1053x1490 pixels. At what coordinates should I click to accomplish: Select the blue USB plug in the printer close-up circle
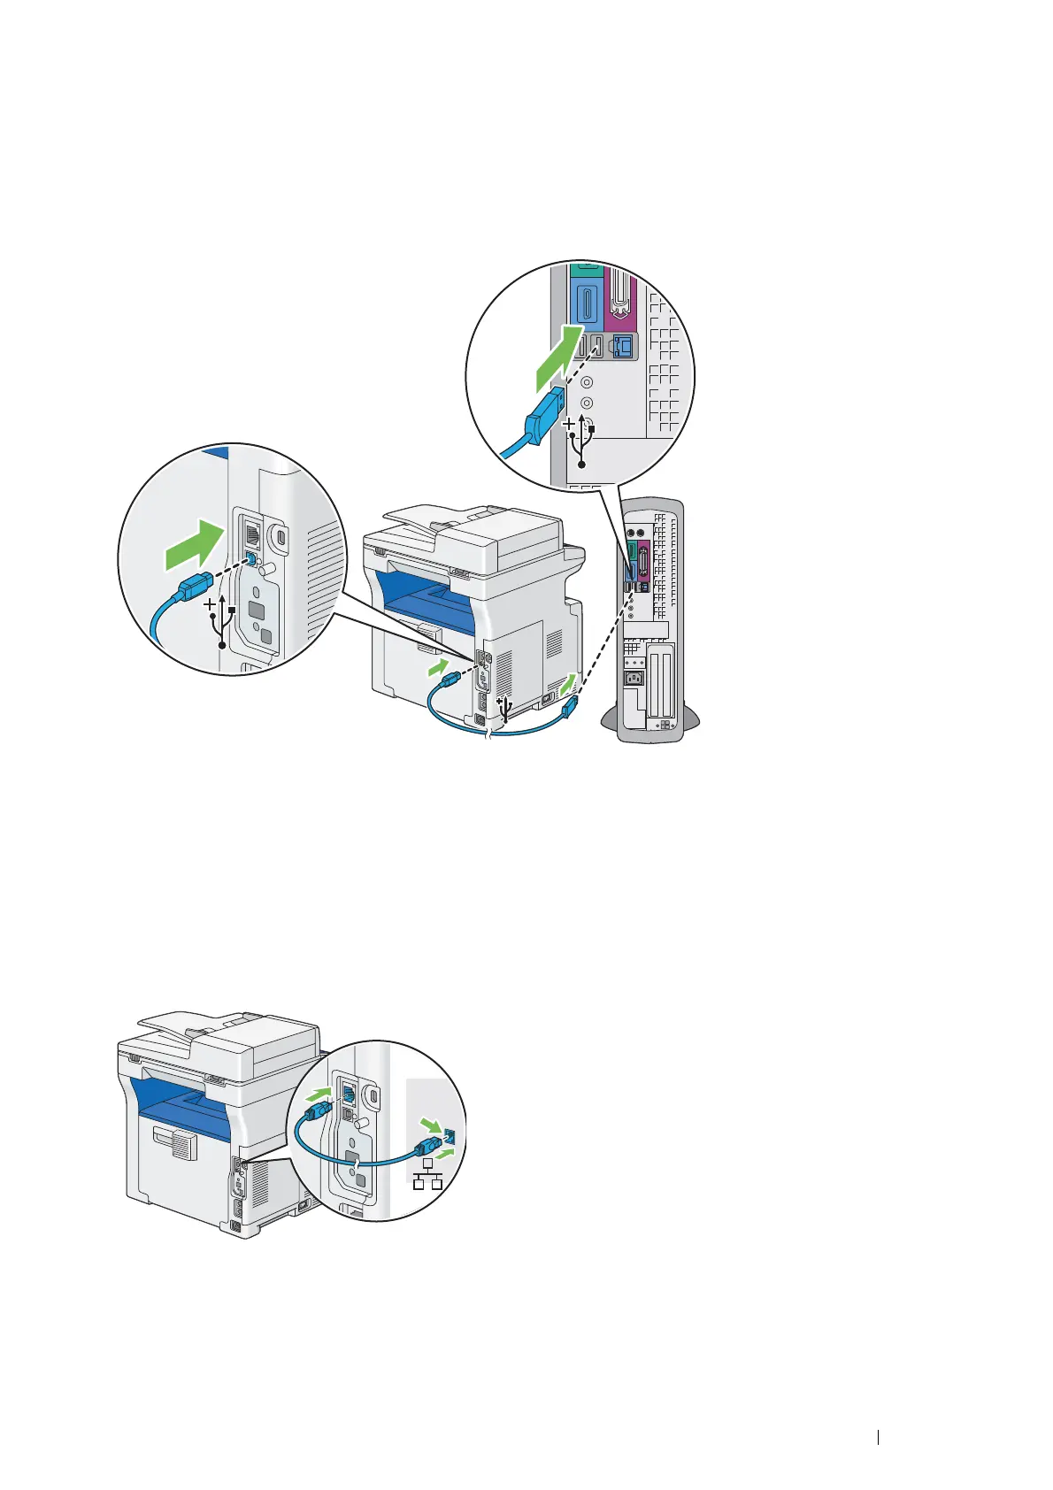pos(197,584)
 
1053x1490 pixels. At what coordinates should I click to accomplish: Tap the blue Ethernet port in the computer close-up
pos(623,347)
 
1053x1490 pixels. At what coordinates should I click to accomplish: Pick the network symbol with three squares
pos(427,1175)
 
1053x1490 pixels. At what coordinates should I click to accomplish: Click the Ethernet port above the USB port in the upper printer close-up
pos(251,534)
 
